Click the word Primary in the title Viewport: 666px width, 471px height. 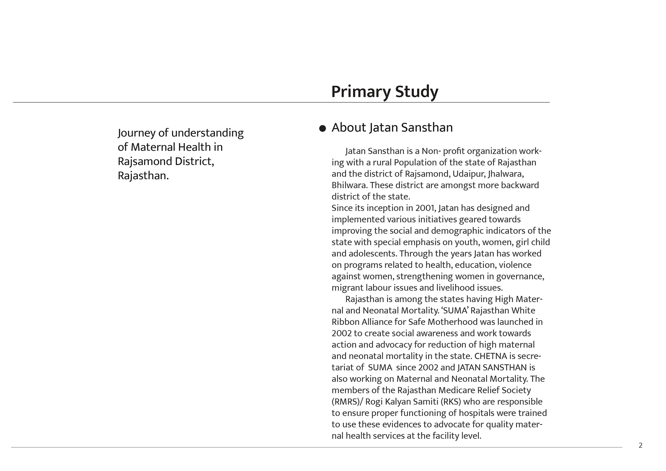point(361,92)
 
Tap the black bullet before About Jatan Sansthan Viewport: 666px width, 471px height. point(322,129)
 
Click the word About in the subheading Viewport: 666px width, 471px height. point(349,128)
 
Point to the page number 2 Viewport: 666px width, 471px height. point(640,445)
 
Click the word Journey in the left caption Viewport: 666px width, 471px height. point(137,133)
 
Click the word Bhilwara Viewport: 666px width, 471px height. point(349,185)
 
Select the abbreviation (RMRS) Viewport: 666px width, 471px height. point(346,402)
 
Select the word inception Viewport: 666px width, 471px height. point(385,208)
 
